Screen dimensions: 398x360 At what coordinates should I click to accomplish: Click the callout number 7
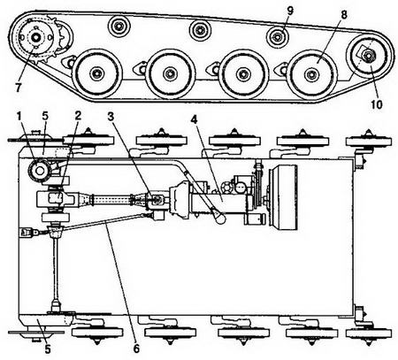click(19, 88)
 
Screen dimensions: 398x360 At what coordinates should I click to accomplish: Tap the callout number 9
click(290, 11)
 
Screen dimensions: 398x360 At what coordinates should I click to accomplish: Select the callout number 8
click(343, 15)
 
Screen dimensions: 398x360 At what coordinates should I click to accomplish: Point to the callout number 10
click(376, 104)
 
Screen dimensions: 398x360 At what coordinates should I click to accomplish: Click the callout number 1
click(19, 116)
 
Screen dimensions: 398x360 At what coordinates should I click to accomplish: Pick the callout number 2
click(78, 116)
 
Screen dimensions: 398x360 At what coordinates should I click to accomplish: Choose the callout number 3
click(111, 117)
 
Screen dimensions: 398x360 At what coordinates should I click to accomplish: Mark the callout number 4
click(194, 119)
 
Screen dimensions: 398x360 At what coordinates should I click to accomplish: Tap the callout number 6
click(136, 349)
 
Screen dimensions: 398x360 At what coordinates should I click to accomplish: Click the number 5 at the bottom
click(48, 349)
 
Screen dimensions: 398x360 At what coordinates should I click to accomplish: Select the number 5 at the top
click(45, 116)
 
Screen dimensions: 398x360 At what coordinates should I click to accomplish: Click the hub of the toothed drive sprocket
click(35, 37)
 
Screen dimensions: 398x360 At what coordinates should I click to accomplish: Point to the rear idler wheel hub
click(368, 55)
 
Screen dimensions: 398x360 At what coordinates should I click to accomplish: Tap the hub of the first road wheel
click(96, 73)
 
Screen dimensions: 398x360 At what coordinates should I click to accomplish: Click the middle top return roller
click(201, 30)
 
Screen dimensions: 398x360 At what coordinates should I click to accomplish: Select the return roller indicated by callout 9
click(278, 37)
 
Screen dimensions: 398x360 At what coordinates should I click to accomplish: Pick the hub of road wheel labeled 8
click(311, 74)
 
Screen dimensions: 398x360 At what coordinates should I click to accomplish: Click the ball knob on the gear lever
click(218, 218)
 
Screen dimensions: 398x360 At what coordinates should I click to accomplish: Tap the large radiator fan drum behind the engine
click(283, 197)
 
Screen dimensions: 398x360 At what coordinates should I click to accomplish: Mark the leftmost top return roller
click(119, 26)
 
